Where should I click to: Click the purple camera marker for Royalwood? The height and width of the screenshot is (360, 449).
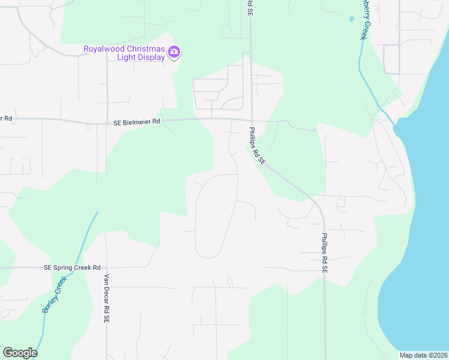pyautogui.click(x=174, y=52)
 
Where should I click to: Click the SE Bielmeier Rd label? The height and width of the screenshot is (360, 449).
pyautogui.click(x=137, y=122)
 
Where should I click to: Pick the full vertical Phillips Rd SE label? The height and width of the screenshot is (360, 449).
pyautogui.click(x=324, y=253)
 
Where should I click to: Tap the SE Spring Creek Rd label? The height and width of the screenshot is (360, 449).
pyautogui.click(x=72, y=268)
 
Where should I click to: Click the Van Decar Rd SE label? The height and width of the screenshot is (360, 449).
pyautogui.click(x=107, y=299)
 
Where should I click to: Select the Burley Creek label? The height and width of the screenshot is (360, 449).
pyautogui.click(x=53, y=298)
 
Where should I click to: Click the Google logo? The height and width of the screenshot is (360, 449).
pyautogui.click(x=20, y=353)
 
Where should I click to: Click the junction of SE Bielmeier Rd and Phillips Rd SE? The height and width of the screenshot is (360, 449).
pyautogui.click(x=252, y=119)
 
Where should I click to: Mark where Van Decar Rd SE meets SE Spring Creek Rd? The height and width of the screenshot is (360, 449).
pyautogui.click(x=106, y=268)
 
